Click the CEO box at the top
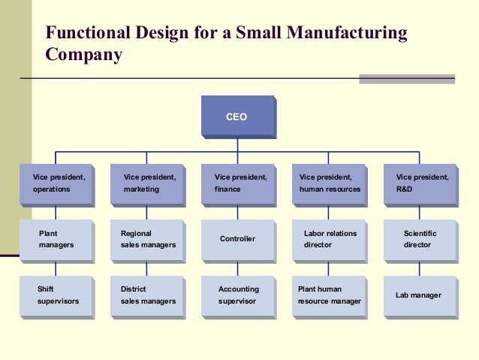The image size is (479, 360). click(237, 116)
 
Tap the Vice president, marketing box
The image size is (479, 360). click(147, 183)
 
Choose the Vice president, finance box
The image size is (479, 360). click(238, 183)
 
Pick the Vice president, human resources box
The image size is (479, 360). click(329, 183)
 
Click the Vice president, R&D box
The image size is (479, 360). click(420, 183)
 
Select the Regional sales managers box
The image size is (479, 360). click(147, 239)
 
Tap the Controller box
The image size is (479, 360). click(238, 239)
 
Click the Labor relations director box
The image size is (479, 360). click(329, 239)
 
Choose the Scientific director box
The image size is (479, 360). click(420, 239)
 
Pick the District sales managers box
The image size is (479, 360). click(147, 295)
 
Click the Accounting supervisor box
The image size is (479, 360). click(238, 295)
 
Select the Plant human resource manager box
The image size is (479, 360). click(329, 295)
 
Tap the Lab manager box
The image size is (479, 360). click(420, 295)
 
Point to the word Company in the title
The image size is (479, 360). click(83, 55)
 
